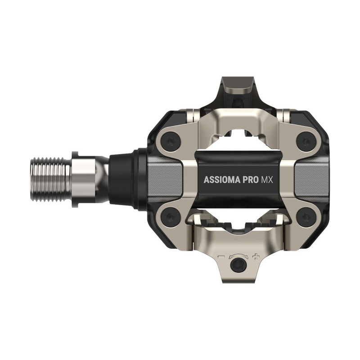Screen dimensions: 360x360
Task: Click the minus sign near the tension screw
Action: (221, 257)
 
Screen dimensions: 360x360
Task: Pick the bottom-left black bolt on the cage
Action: (171, 218)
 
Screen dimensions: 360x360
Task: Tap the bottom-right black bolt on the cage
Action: (306, 218)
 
